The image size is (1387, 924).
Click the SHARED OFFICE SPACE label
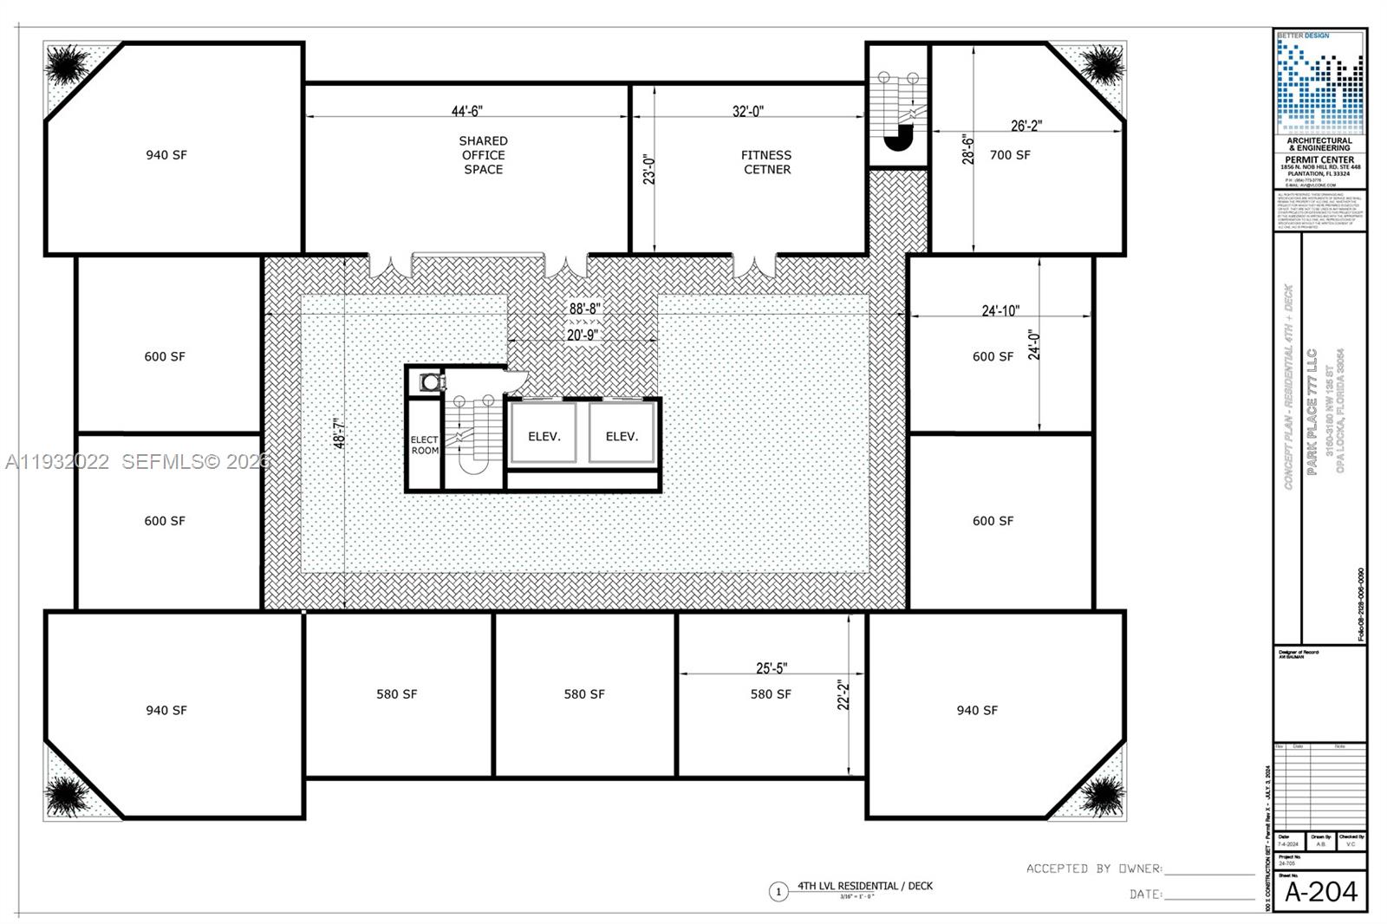point(483,155)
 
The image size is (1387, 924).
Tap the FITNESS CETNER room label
point(766,162)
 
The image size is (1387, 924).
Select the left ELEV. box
point(544,436)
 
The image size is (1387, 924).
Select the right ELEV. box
point(621,436)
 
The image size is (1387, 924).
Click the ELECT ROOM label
point(425,446)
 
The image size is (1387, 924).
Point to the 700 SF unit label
point(1010,155)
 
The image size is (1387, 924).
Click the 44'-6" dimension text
point(466,111)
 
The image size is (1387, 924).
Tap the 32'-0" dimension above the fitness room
point(747,111)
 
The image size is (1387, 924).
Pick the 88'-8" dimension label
point(584,309)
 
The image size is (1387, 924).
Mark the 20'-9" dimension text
point(582,335)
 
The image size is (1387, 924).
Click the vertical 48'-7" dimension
point(340,433)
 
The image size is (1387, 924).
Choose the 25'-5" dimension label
point(772,668)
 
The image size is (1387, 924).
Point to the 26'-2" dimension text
point(1026,126)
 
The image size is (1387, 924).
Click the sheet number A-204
point(1320,892)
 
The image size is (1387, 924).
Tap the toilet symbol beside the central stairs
point(429,382)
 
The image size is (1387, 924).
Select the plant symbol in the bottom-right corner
point(1102,794)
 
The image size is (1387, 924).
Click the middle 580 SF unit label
point(584,694)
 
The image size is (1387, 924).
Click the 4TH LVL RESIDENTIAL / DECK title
point(865,886)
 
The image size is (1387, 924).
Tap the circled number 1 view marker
point(778,891)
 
